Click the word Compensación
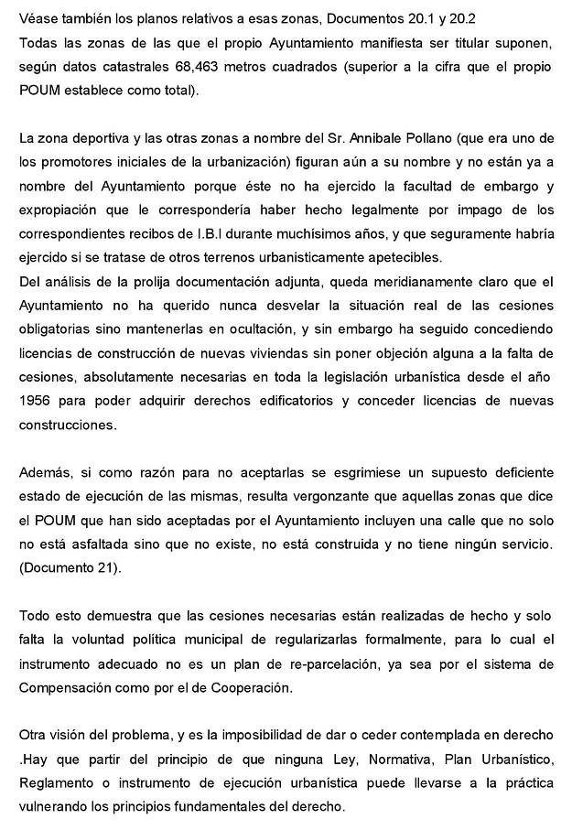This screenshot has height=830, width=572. [x=66, y=686]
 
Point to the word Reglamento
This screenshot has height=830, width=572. [x=57, y=782]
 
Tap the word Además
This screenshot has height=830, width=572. [x=43, y=473]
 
